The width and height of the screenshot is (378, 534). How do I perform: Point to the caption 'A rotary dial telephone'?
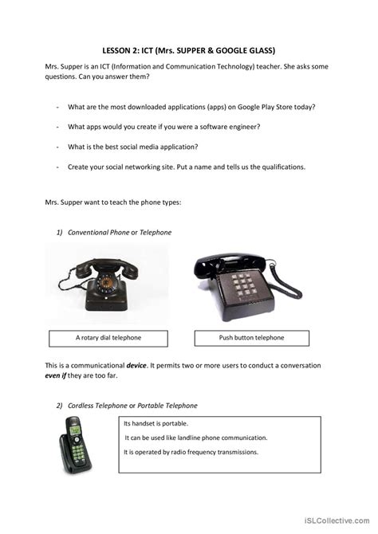[x=108, y=338]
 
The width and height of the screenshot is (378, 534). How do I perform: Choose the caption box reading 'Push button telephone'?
[x=252, y=338]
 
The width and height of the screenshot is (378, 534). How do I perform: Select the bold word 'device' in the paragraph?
[x=137, y=365]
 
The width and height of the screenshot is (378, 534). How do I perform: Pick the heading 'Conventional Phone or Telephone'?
[x=120, y=232]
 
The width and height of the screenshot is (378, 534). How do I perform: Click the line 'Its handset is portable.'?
[x=156, y=423]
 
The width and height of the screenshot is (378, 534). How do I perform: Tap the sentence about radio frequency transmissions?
[x=191, y=452]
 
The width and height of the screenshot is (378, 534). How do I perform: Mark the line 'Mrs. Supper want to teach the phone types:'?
[x=113, y=202]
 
